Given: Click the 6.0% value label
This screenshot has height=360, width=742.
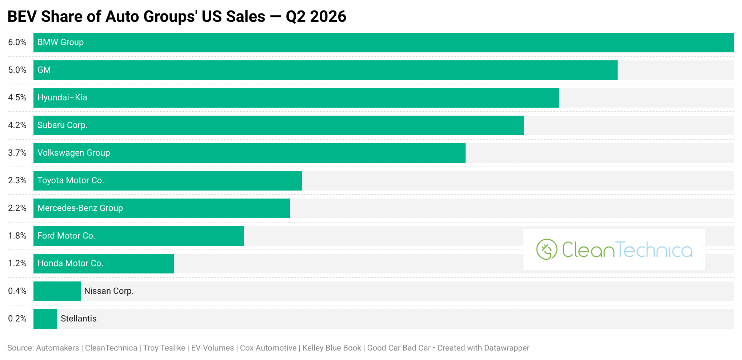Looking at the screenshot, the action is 17,42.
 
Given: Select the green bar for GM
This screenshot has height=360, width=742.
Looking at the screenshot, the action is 326,70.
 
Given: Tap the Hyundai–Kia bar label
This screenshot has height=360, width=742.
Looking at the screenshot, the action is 62,97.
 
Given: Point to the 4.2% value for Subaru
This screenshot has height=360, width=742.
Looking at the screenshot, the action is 17,125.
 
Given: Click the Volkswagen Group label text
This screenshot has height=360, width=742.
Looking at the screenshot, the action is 73,153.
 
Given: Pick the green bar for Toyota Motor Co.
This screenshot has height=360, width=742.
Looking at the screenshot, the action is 168,181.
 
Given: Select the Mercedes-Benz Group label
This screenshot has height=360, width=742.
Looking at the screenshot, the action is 80,208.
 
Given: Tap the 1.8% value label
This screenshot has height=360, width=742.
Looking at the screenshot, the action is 17,236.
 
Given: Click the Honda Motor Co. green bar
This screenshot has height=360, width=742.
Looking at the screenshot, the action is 104,264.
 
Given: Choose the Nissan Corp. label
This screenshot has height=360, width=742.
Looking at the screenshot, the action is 109,291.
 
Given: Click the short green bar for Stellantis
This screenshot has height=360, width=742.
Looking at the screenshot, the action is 45,319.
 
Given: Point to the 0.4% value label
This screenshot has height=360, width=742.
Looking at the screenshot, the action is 17,291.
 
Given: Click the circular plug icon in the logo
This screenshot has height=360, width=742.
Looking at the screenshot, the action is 547,249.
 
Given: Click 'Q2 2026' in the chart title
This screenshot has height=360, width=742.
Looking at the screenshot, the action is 316,16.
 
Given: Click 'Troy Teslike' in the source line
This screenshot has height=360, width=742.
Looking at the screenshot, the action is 164,348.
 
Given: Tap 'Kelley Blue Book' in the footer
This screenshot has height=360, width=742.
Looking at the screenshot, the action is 332,348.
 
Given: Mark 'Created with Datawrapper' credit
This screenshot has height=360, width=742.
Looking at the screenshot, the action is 483,348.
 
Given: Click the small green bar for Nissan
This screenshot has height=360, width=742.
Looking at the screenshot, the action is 57,291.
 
